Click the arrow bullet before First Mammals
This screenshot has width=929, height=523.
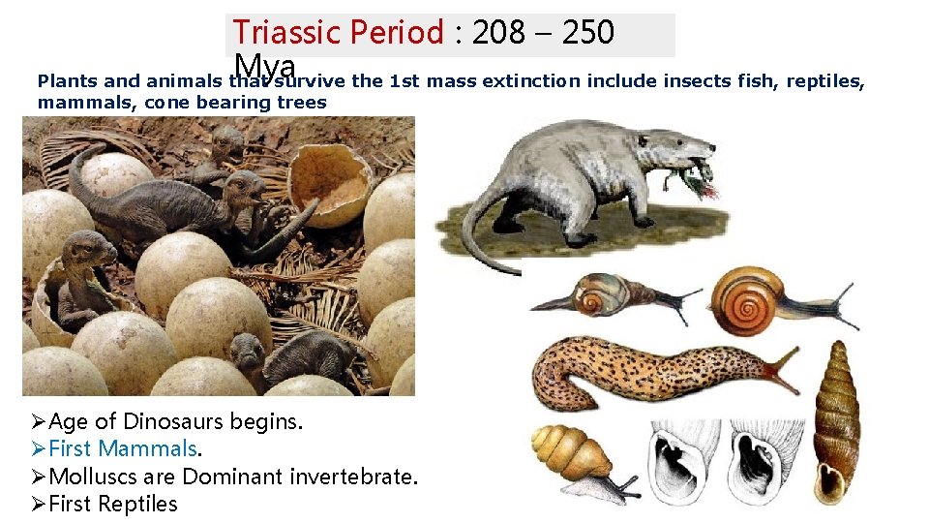click(x=39, y=449)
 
